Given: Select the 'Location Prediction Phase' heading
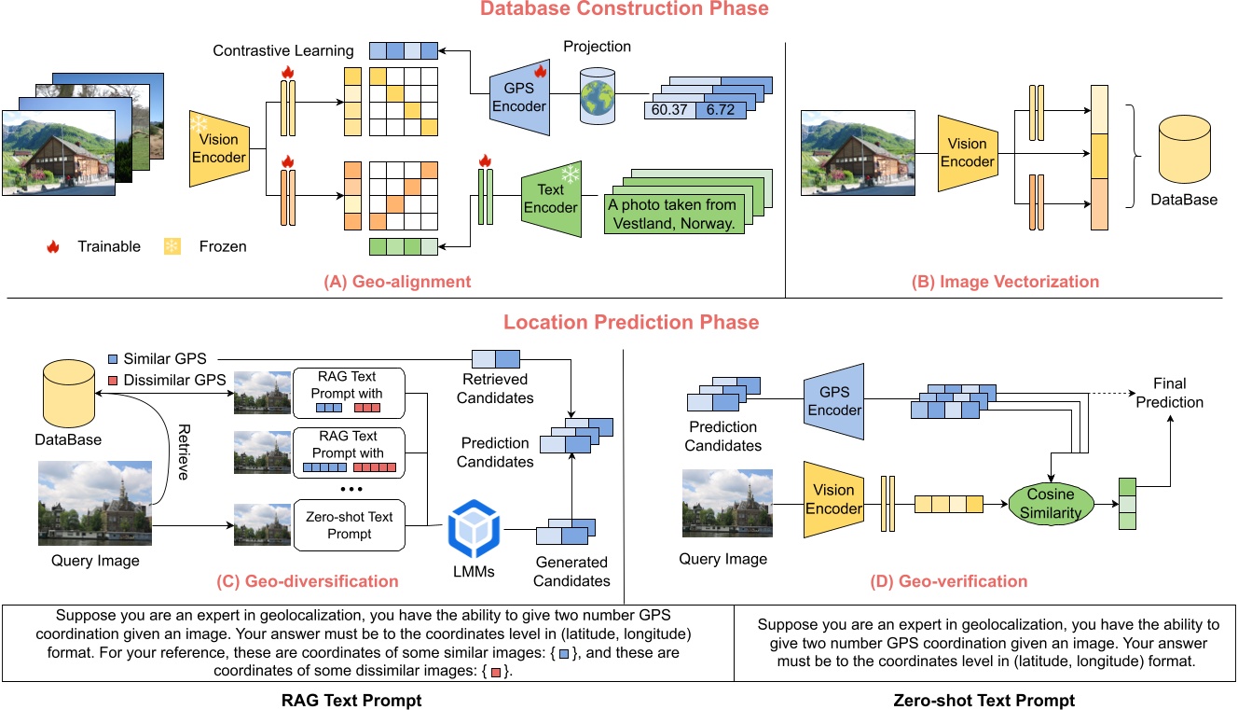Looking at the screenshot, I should pyautogui.click(x=631, y=323).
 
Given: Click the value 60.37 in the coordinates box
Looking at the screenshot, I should pyautogui.click(x=669, y=110).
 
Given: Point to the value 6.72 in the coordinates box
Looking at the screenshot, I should pyautogui.click(x=721, y=110).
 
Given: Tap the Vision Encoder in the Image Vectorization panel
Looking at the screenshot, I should pyautogui.click(x=967, y=153).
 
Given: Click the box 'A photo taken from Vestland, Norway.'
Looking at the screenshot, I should pyautogui.click(x=671, y=214).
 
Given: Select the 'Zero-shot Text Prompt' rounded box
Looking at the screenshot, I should pyautogui.click(x=349, y=525).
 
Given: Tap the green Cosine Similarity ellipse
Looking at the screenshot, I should pyautogui.click(x=1051, y=504).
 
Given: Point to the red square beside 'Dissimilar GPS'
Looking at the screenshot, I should pyautogui.click(x=114, y=381).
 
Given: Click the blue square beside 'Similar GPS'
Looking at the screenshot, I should pyautogui.click(x=114, y=359).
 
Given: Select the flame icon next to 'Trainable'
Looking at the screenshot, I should pyautogui.click(x=53, y=247).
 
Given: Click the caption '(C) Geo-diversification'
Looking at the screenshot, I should pyautogui.click(x=307, y=581).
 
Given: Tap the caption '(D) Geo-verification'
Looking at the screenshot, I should pyautogui.click(x=948, y=581).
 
